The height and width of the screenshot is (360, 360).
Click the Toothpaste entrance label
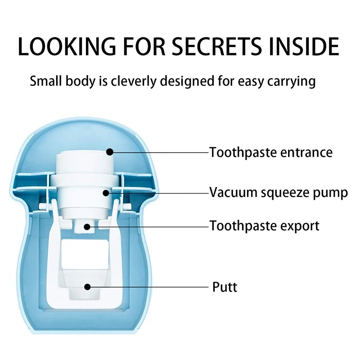(x=271, y=153)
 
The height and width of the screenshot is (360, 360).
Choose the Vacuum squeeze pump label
(x=279, y=193)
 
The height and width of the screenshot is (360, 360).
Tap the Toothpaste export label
(x=265, y=225)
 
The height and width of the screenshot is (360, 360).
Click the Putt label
(x=225, y=287)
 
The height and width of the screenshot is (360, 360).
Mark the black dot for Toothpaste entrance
(x=109, y=152)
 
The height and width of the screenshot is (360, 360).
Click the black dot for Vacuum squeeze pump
(x=106, y=193)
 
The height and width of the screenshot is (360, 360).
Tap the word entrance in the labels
(x=307, y=153)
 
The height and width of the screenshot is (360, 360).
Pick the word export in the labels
(x=299, y=226)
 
